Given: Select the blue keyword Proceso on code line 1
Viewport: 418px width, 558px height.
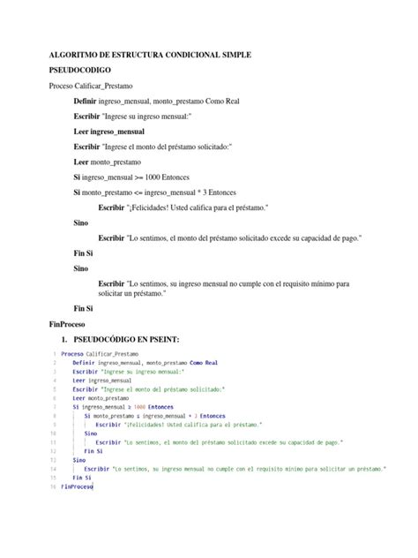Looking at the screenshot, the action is [x=73, y=353].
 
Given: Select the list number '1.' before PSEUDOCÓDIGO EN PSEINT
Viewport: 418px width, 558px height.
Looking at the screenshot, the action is [x=63, y=339].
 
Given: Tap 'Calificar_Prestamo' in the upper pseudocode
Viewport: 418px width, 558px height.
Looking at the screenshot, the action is [x=105, y=86].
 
